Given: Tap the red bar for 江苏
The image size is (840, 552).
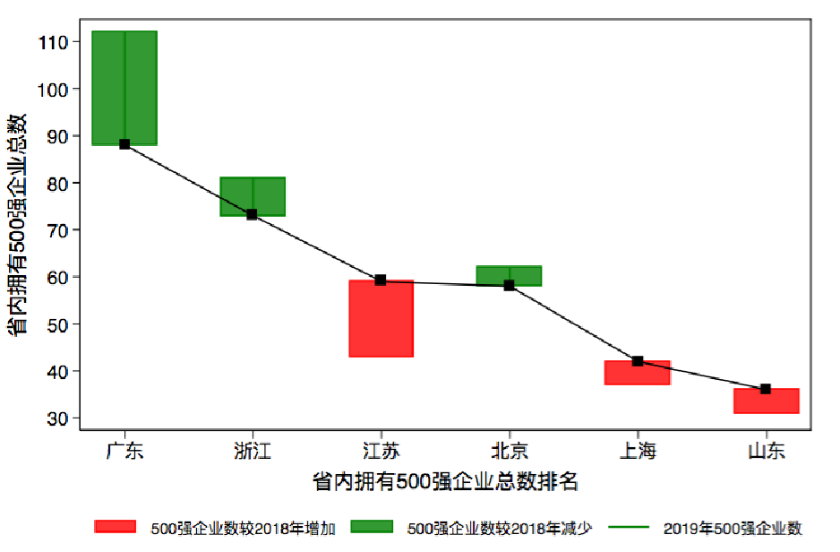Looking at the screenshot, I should (x=381, y=319).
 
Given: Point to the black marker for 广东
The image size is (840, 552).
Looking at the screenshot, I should (x=124, y=144).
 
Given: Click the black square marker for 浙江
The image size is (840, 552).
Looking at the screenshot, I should (x=253, y=214).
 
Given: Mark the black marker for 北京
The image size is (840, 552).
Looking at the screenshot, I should (x=509, y=285).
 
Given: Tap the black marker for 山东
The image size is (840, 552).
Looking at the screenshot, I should (x=766, y=389).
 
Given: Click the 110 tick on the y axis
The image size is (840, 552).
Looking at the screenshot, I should (x=56, y=42).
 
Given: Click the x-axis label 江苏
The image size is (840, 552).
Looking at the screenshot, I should (x=381, y=451).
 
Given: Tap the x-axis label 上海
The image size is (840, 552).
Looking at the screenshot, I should (x=637, y=451).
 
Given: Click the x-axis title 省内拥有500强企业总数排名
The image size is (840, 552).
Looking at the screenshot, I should (x=445, y=482).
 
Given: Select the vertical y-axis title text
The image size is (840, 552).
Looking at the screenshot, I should (x=18, y=224).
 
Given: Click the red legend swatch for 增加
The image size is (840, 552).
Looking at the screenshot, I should (x=115, y=528).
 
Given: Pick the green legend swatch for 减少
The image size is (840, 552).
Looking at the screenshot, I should (x=371, y=528).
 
